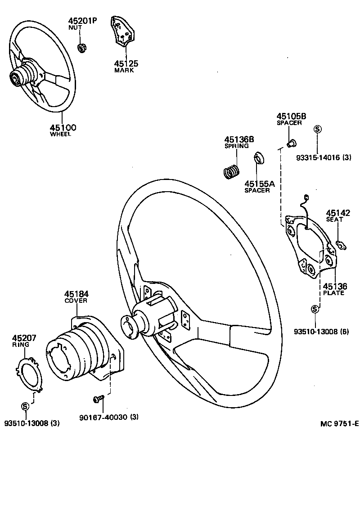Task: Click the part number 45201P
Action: (82, 21)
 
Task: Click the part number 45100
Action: (63, 127)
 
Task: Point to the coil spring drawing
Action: (231, 172)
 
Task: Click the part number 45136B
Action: (239, 139)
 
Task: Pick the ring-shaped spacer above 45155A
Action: (258, 159)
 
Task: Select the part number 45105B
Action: (291, 116)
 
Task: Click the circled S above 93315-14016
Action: (317, 129)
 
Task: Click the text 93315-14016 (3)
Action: (324, 157)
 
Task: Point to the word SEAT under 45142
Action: (334, 220)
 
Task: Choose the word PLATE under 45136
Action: (333, 293)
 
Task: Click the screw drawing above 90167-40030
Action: (99, 398)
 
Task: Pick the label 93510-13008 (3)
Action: (31, 423)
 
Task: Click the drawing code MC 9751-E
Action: (339, 423)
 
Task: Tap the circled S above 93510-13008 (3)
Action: (25, 406)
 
